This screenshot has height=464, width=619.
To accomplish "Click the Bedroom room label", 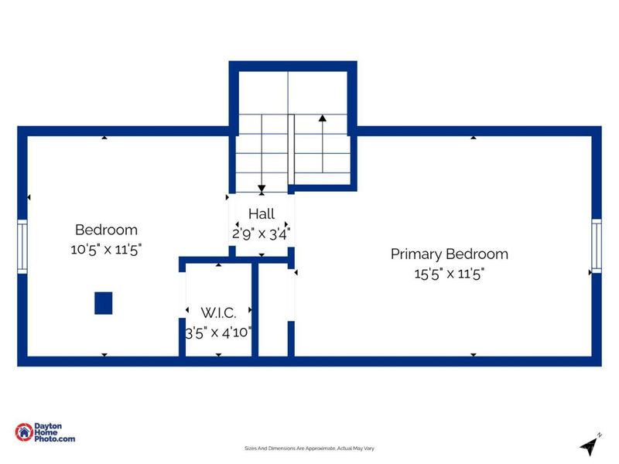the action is [106, 230].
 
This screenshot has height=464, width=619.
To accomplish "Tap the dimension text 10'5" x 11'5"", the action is [106, 250].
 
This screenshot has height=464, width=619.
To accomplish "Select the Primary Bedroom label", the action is [450, 254].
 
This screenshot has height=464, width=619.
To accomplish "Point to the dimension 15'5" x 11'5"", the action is [450, 274].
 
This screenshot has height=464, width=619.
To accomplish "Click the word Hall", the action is [262, 214].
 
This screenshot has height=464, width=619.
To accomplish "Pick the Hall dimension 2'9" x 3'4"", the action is [262, 234].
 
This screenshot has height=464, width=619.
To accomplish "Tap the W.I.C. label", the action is [218, 313].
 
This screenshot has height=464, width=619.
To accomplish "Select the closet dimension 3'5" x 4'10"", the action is [218, 333].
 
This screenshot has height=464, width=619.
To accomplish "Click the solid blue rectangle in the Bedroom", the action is [104, 303].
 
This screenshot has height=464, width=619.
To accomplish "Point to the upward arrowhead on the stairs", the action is [323, 118].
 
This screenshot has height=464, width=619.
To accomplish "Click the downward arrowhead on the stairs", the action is [262, 189].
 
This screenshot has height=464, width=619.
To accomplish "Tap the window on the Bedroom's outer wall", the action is [22, 247].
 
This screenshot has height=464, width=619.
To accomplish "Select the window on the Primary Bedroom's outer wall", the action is [596, 246].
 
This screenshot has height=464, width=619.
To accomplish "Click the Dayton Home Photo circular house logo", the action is [24, 432].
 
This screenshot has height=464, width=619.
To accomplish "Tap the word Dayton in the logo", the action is [48, 426].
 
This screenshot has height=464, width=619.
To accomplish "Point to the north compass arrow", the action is [590, 447].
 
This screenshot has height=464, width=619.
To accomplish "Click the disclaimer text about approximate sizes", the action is [309, 449].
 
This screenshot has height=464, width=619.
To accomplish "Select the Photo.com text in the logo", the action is [54, 438].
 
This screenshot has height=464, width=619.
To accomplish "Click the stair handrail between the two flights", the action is [291, 149].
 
